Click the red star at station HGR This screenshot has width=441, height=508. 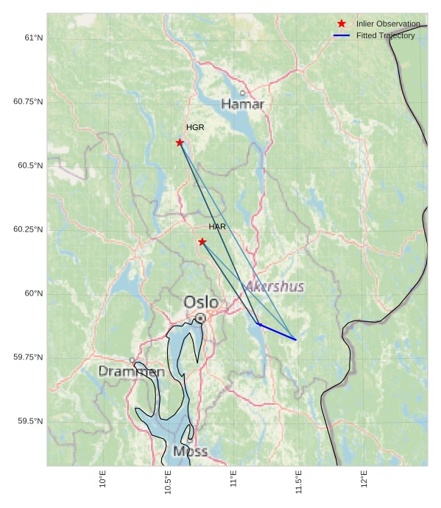click(180, 143)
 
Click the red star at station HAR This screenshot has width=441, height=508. click(202, 242)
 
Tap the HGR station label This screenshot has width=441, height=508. click(195, 128)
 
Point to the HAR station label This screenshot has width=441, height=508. click(217, 226)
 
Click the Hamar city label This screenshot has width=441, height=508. click(242, 104)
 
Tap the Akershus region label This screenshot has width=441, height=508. click(275, 286)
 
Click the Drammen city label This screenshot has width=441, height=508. click(132, 372)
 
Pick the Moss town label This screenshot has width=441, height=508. click(190, 451)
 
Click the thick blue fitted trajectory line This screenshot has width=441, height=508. click(277, 332)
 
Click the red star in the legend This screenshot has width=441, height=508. click(342, 24)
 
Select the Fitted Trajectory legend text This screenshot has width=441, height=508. click(385, 35)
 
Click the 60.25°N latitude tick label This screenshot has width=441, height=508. click(28, 229)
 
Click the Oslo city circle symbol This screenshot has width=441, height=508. click(200, 318)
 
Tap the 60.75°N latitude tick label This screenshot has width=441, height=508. click(28, 101)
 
